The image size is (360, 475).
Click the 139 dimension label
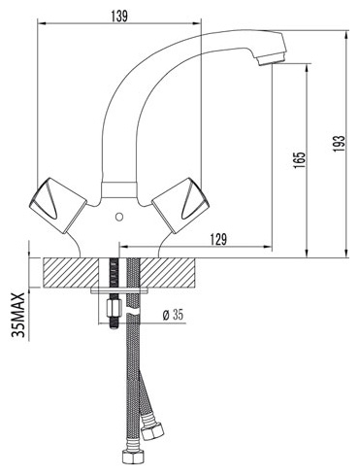(x=119, y=17)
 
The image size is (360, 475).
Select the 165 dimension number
(x=299, y=159)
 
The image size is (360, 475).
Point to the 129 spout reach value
(x=218, y=240)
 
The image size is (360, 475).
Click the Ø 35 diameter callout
(x=173, y=315)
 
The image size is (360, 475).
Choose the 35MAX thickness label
(x=18, y=315)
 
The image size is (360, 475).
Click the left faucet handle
(x=57, y=205)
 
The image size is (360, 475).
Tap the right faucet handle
(x=180, y=205)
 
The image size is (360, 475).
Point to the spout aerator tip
(x=271, y=59)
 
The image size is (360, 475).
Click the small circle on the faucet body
(x=119, y=216)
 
